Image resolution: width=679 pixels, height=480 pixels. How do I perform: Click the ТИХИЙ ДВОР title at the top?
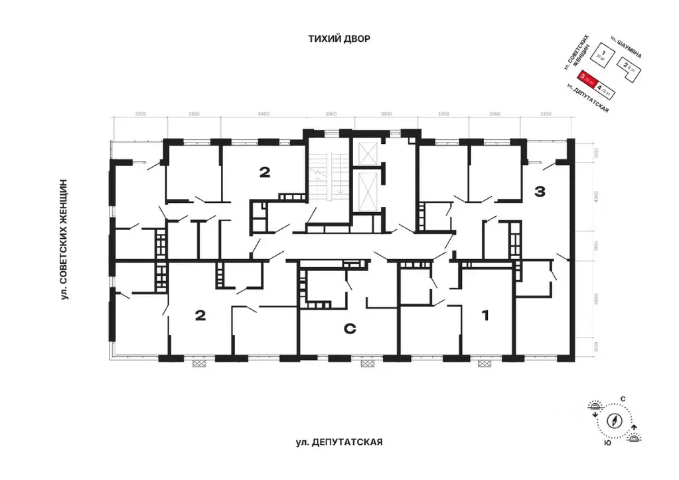339,39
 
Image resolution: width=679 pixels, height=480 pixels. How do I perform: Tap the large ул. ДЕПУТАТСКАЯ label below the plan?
339,442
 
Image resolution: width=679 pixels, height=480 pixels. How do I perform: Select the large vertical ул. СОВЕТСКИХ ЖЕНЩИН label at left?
65,239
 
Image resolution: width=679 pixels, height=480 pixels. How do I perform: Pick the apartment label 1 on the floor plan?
485,316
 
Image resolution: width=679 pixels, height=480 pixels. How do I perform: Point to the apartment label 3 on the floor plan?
540,192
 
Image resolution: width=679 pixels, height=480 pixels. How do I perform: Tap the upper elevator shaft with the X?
366,153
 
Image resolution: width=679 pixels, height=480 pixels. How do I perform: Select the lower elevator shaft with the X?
366,191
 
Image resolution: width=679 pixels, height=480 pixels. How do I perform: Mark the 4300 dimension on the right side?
596,197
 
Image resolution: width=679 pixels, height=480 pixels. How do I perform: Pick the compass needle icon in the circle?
615,420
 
